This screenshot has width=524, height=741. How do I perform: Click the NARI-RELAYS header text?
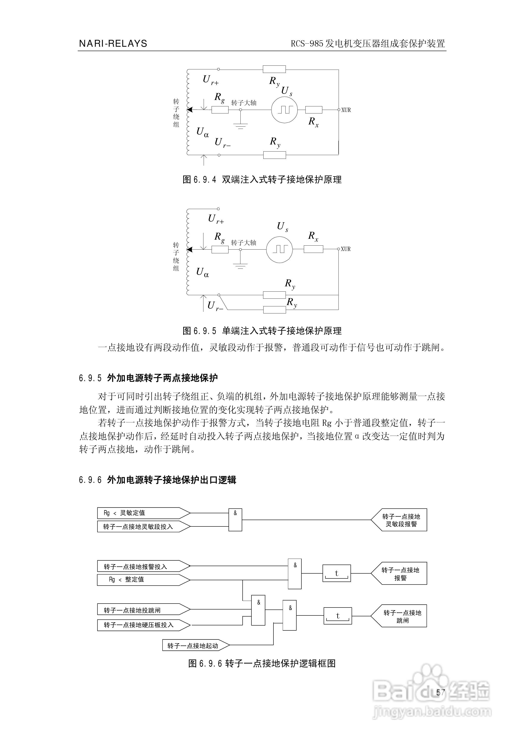click(x=113, y=44)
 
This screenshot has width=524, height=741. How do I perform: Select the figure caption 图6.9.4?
click(x=262, y=180)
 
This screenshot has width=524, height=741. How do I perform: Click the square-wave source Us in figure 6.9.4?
click(x=284, y=110)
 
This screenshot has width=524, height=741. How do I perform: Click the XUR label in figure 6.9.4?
click(x=346, y=110)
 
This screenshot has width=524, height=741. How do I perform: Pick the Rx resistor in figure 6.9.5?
click(x=313, y=249)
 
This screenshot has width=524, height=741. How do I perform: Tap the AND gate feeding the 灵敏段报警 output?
click(x=235, y=520)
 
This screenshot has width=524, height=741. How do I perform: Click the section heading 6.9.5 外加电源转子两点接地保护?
click(x=148, y=378)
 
